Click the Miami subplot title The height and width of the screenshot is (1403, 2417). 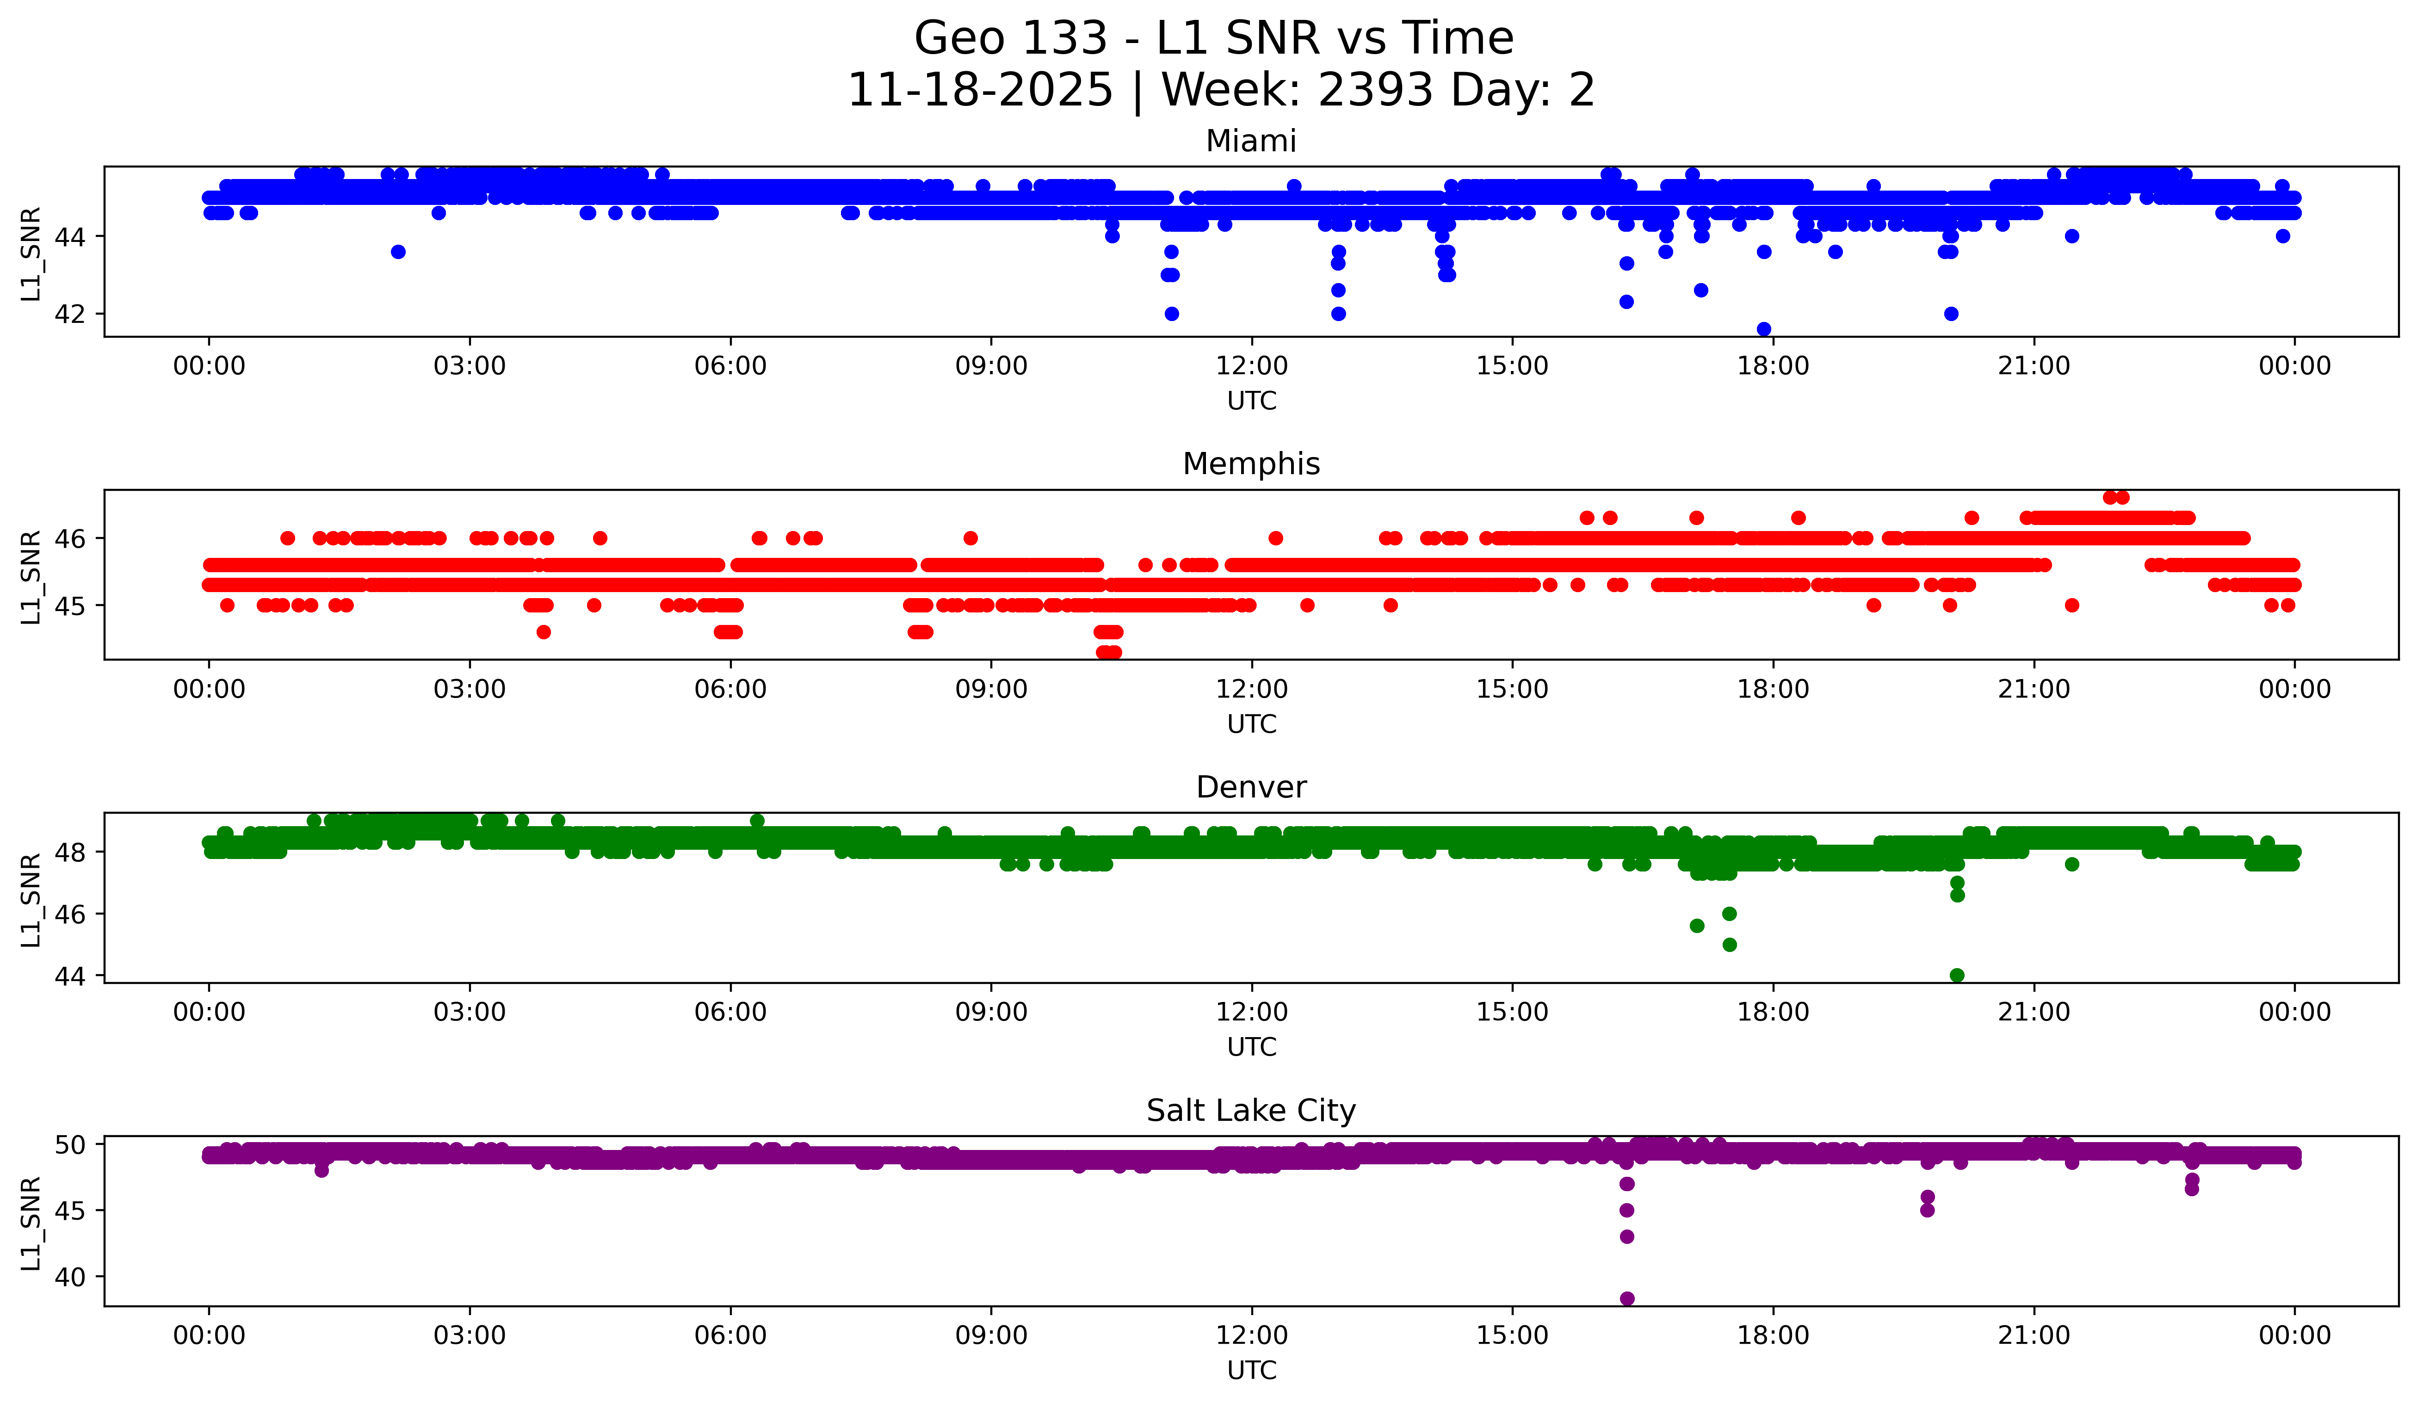click(1251, 141)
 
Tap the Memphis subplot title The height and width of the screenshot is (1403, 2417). click(1251, 464)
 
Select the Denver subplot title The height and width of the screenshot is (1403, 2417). click(1251, 787)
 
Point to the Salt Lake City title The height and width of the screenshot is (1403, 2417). click(1251, 1111)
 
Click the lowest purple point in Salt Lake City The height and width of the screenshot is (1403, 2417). click(1627, 1298)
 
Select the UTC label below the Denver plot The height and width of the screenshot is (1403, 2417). click(1252, 1047)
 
